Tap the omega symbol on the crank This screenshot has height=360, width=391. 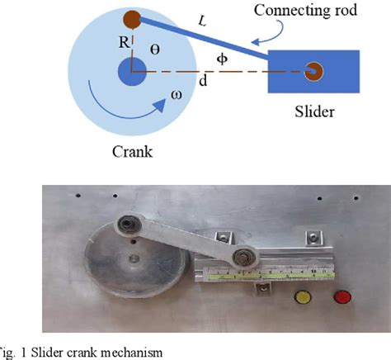tap(177, 95)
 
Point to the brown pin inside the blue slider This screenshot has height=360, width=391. tap(313, 72)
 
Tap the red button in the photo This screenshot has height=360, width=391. tap(340, 296)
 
